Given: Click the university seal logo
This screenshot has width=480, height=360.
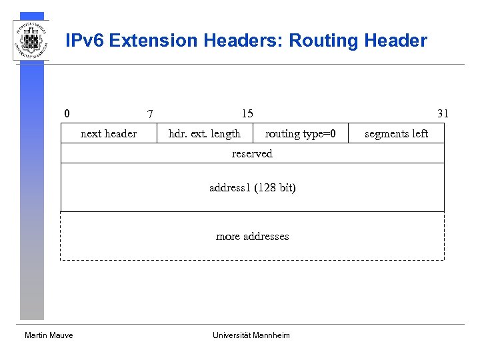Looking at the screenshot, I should pos(31,40).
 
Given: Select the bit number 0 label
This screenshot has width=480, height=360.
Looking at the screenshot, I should pos(67,113).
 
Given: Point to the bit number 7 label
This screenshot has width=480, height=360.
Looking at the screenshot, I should pos(150,114).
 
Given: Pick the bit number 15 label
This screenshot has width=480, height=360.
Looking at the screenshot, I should pos(247,113).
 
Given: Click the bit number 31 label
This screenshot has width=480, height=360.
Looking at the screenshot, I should pos(443,113).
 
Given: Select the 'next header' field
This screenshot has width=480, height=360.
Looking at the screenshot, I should pos(109,134).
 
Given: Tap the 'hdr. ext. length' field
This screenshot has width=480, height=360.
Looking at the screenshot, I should pos(205,134).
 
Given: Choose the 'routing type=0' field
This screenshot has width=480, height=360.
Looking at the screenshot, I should pos(296,134).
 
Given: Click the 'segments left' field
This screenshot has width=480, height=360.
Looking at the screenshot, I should pos(396,134).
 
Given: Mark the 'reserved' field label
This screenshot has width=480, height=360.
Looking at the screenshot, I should pos(252,154).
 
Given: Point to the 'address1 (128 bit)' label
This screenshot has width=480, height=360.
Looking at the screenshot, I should pos(252,188).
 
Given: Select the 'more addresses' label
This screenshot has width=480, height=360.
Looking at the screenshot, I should pos(252,237).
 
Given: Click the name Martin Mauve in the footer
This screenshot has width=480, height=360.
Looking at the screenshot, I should pos(49,335).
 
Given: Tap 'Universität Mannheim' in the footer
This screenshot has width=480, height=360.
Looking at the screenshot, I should pos(251,335).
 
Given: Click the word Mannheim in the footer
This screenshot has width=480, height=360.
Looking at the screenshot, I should pos(271,335).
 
